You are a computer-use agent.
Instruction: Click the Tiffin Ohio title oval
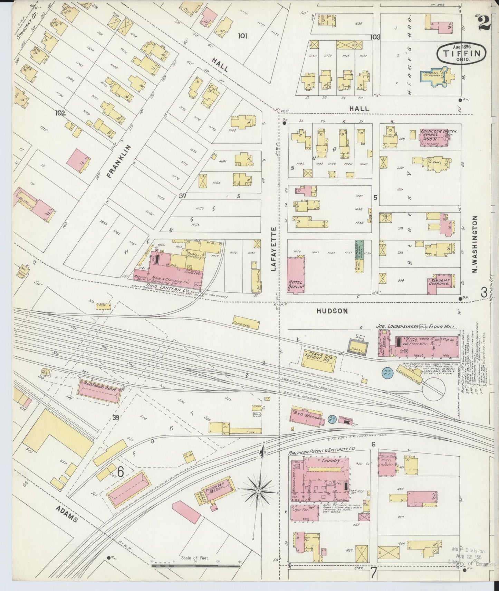point(462,53)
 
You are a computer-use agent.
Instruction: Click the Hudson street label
point(332,311)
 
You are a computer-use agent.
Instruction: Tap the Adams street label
point(67,516)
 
